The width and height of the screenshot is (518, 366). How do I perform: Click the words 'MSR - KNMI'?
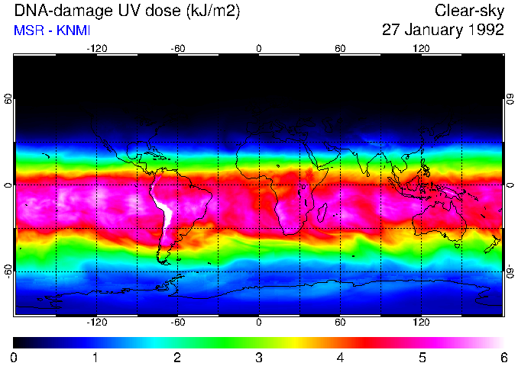click(52, 31)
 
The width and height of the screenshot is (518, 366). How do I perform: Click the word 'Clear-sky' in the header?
click(469, 11)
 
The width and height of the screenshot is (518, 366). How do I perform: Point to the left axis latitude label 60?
click(8, 99)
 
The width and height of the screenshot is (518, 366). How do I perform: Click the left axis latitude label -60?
click(8, 271)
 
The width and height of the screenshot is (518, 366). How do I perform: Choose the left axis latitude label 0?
click(8, 185)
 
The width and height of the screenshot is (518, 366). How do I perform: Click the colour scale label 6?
click(503, 357)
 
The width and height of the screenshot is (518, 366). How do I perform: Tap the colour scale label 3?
click(259, 357)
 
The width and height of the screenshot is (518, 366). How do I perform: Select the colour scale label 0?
click(15, 357)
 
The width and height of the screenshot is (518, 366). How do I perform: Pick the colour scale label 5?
click(422, 357)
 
